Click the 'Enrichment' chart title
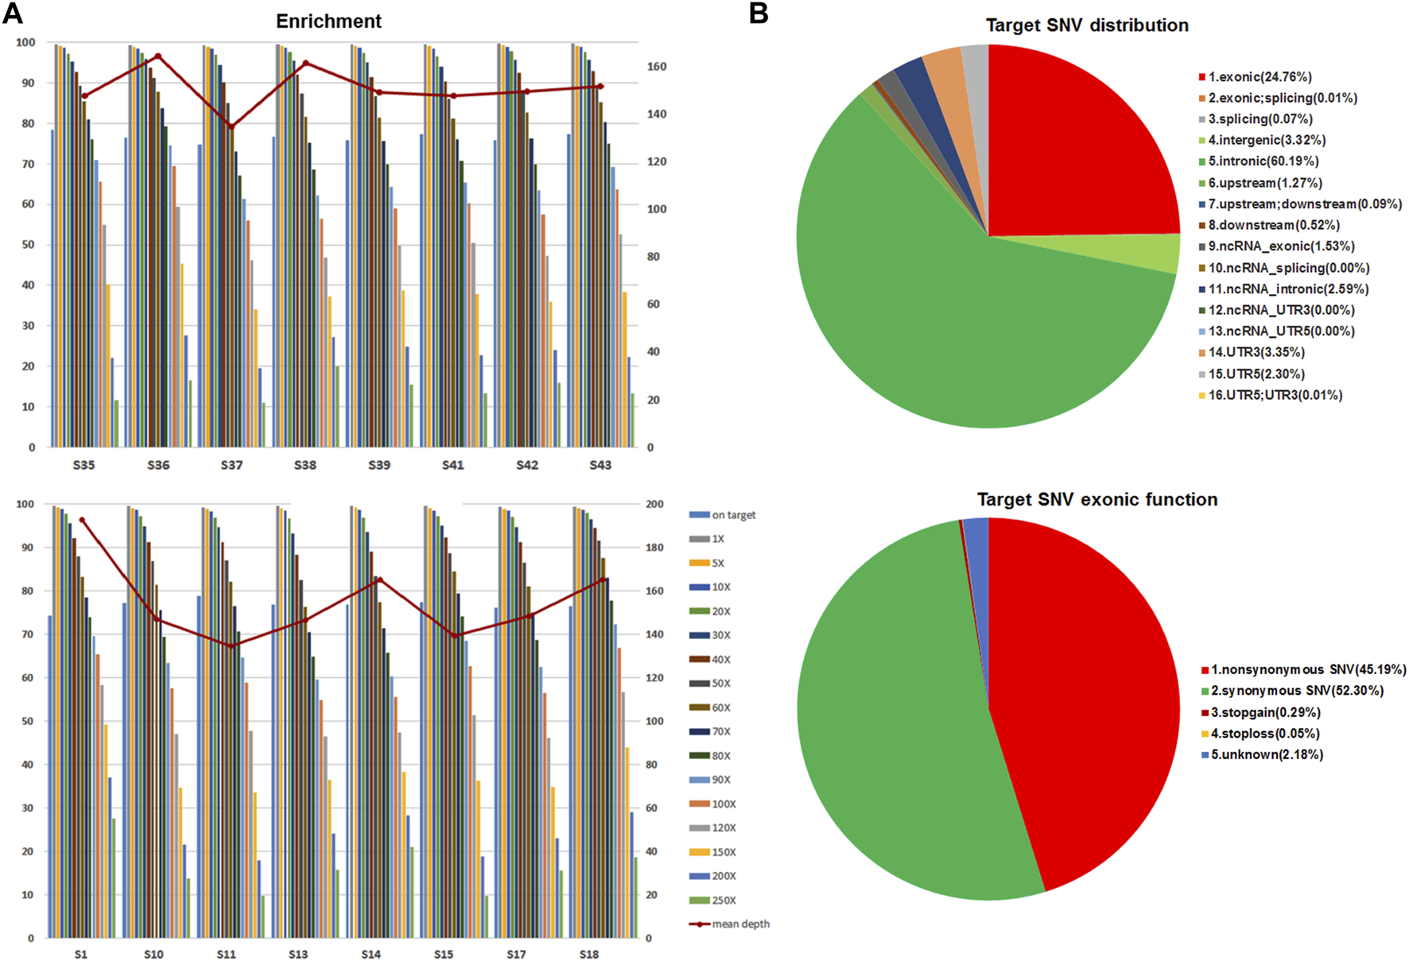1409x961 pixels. click(328, 21)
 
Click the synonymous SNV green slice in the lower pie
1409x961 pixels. click(891, 715)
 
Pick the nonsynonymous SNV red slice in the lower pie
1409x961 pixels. click(1089, 699)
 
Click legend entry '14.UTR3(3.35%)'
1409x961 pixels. click(1256, 352)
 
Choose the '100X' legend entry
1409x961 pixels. click(724, 804)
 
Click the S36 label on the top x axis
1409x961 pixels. click(158, 465)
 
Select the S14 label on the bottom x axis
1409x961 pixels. click(371, 954)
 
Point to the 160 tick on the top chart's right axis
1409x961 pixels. click(656, 67)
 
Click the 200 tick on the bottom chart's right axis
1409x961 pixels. click(654, 504)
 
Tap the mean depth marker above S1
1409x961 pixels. click(82, 520)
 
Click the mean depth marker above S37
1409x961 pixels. click(231, 126)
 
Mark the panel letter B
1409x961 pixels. click(759, 14)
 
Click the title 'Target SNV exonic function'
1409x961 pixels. click(1097, 499)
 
